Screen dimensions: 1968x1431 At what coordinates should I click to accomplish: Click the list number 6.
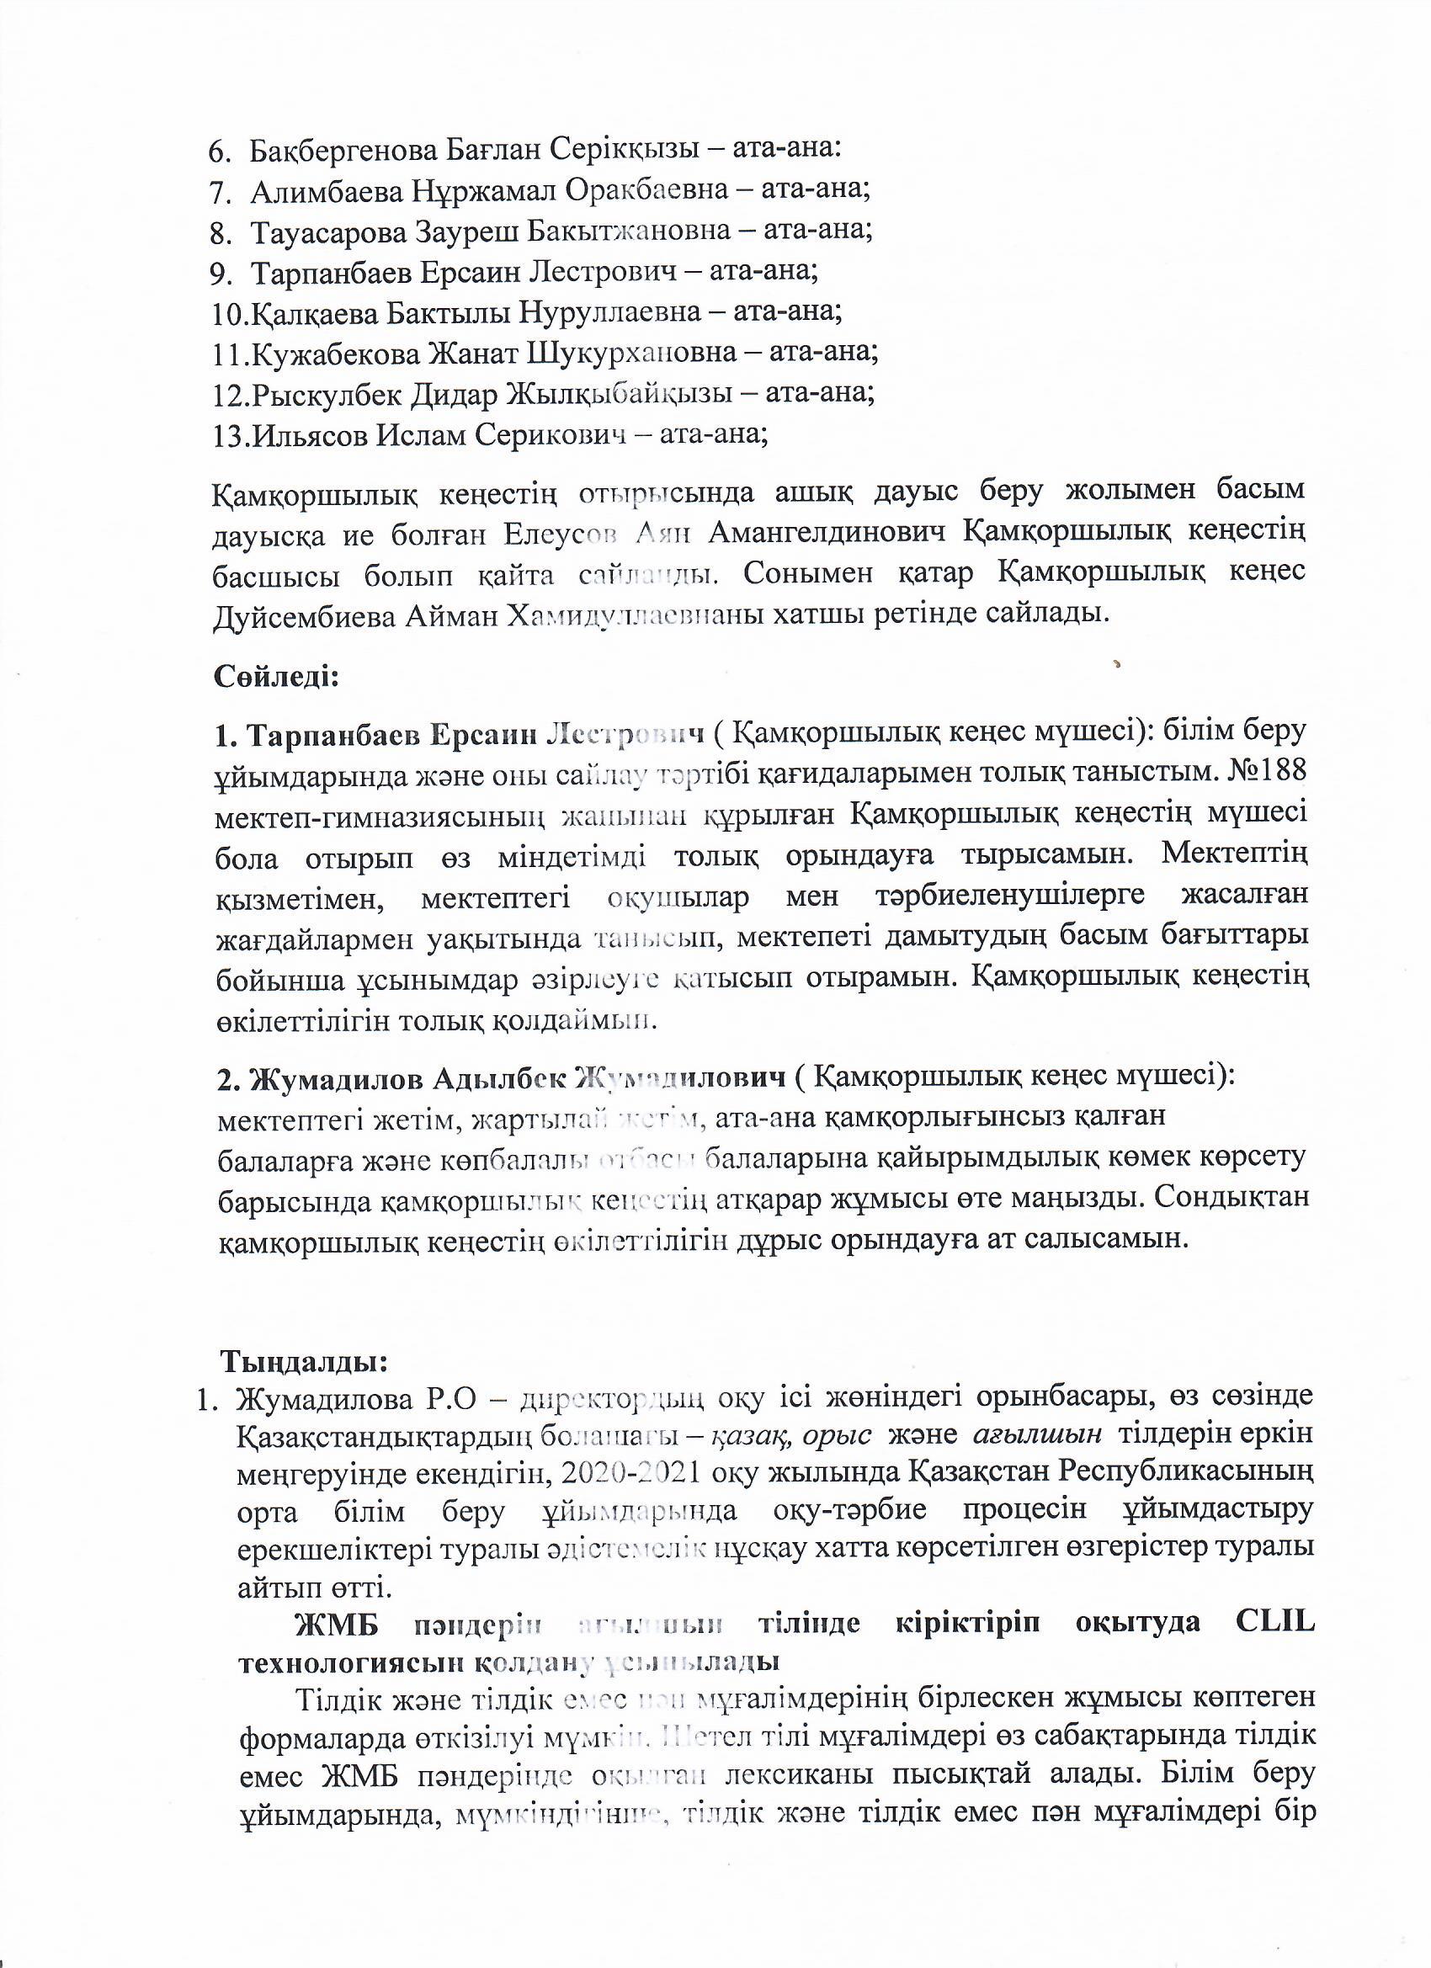click(218, 150)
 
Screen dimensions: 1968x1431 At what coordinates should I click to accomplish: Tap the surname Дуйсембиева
click(305, 615)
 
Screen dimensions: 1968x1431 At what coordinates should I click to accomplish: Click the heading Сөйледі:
click(276, 676)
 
